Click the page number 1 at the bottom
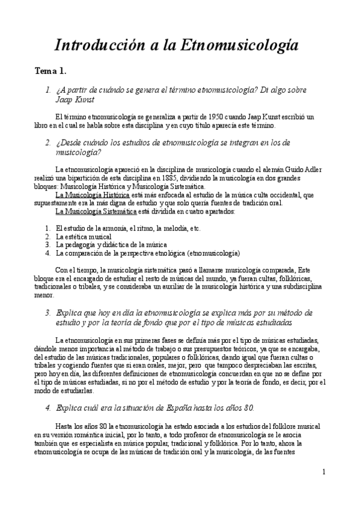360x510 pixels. (x=323, y=472)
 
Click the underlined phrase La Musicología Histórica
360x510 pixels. (x=92, y=195)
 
